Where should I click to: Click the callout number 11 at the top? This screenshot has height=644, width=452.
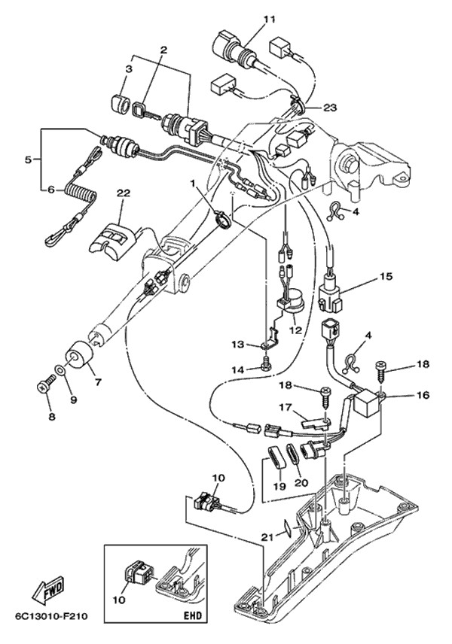coord(269,20)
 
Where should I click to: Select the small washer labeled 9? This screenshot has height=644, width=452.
coord(60,370)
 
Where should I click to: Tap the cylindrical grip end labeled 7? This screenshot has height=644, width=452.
coord(79,355)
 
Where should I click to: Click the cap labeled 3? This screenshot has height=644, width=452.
coord(120,102)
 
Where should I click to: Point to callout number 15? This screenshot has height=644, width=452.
coord(386,276)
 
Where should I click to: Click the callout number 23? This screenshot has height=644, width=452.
coord(330,108)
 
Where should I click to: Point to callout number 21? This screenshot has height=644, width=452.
coord(267,536)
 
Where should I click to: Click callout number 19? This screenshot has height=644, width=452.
coord(279,487)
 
